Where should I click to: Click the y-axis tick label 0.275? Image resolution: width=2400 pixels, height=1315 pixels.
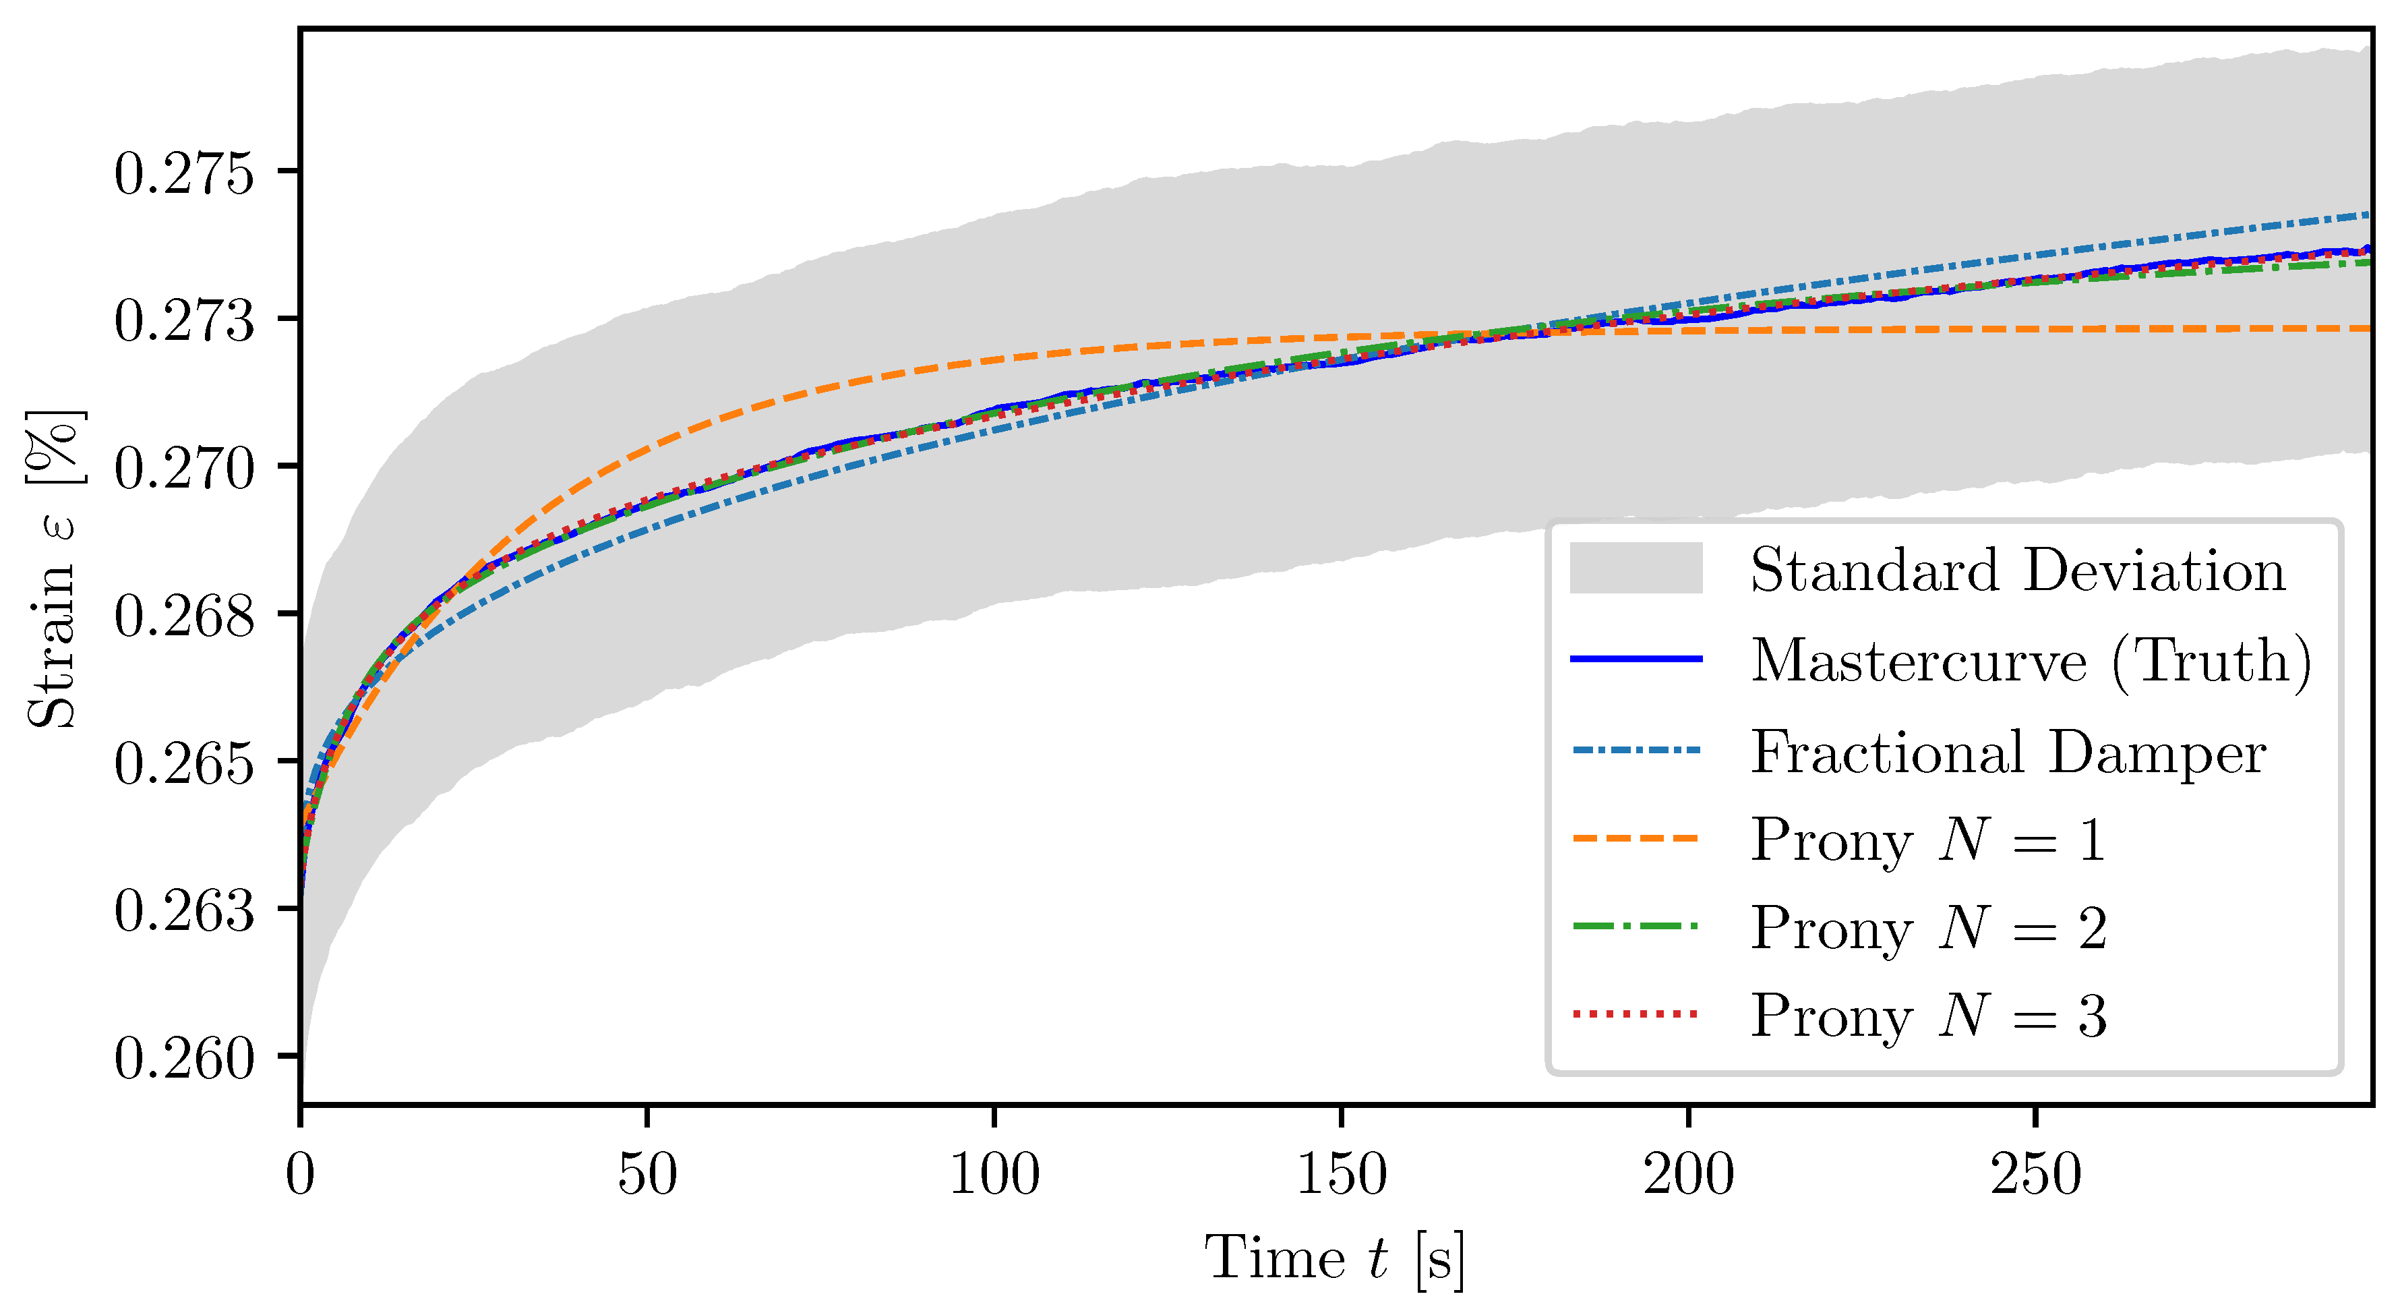pos(183,173)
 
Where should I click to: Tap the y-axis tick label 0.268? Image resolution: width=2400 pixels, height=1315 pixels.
pos(183,616)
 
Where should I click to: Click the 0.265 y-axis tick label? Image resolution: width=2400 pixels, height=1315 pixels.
pos(183,764)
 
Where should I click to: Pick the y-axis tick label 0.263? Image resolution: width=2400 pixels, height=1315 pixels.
pos(183,912)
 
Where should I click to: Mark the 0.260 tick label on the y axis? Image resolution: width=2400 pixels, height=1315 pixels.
pos(183,1059)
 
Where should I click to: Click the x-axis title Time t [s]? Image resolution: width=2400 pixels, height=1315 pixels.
pos(1335,1259)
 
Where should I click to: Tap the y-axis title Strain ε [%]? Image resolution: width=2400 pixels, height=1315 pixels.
pos(54,568)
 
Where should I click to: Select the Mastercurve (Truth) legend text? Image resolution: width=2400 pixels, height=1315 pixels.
pos(2031,661)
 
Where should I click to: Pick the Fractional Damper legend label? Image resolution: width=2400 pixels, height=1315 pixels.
pos(2008,751)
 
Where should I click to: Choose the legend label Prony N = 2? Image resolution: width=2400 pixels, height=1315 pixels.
pos(1929,928)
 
